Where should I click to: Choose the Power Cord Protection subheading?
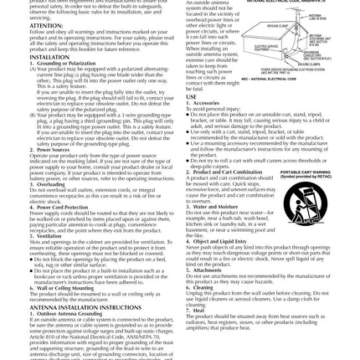pos(53,206)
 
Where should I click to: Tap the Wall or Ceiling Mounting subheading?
pos(55,287)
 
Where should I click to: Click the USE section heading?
pos(192,97)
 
